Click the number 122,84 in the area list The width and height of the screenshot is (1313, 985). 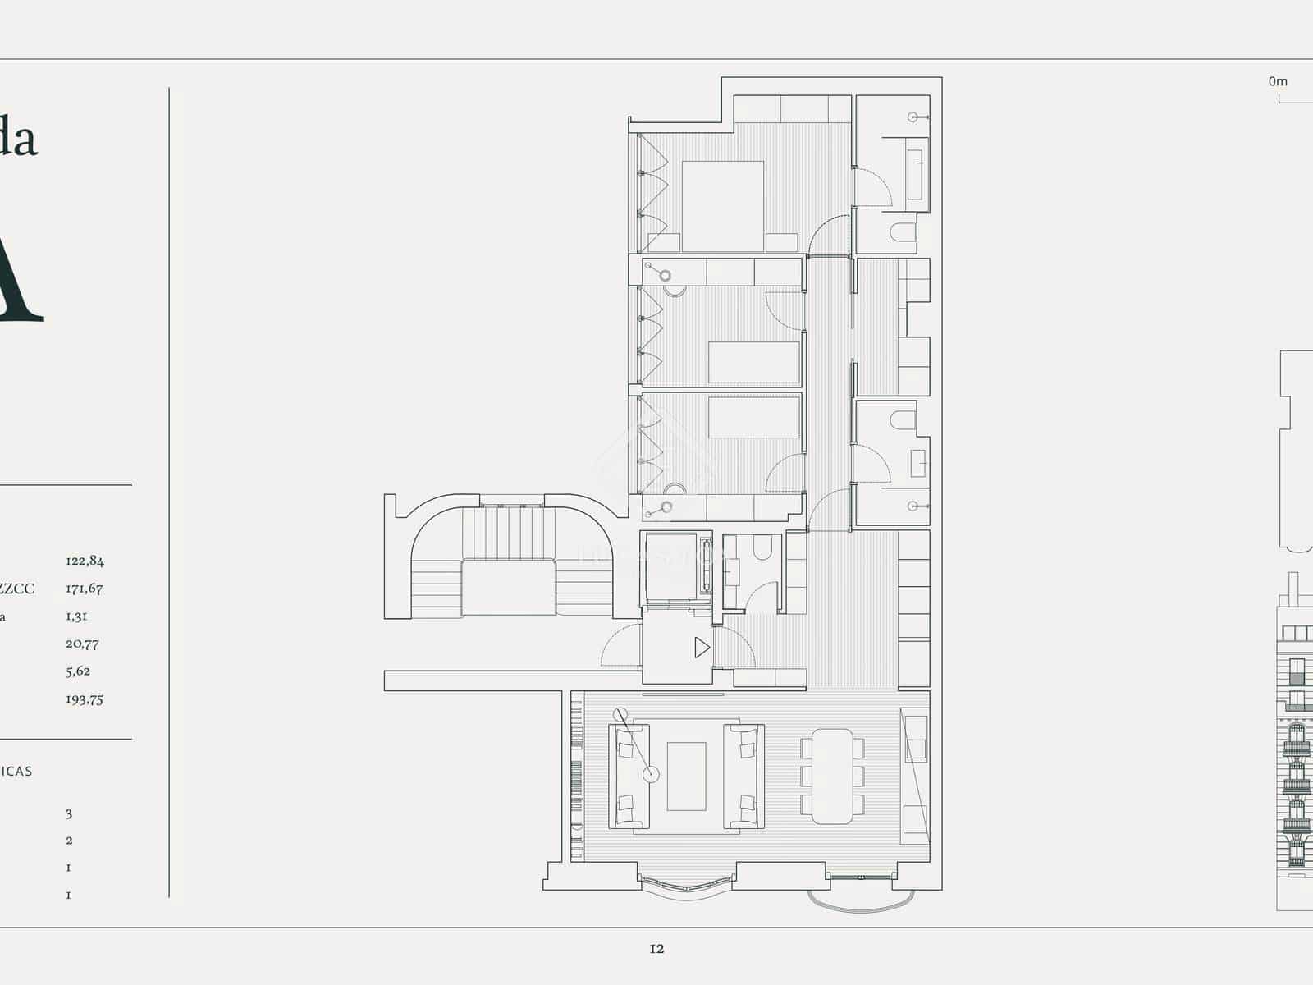point(85,561)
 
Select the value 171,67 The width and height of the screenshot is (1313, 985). point(85,589)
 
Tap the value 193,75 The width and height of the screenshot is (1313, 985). point(85,699)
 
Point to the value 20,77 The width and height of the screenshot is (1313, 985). point(82,644)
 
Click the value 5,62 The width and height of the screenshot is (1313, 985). point(78,671)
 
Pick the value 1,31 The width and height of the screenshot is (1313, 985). point(76,616)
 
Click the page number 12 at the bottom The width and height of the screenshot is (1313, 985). point(656,949)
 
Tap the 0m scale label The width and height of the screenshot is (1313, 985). point(1278,81)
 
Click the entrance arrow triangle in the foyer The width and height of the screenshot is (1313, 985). point(702,648)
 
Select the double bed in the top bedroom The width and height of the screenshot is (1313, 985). point(722,205)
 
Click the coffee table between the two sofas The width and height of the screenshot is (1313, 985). point(686,776)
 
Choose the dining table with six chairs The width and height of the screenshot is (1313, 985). point(832,776)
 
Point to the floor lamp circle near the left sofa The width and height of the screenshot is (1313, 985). point(651,774)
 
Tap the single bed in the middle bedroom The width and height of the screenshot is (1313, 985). point(753,362)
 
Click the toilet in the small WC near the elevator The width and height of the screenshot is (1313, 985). point(762,547)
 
